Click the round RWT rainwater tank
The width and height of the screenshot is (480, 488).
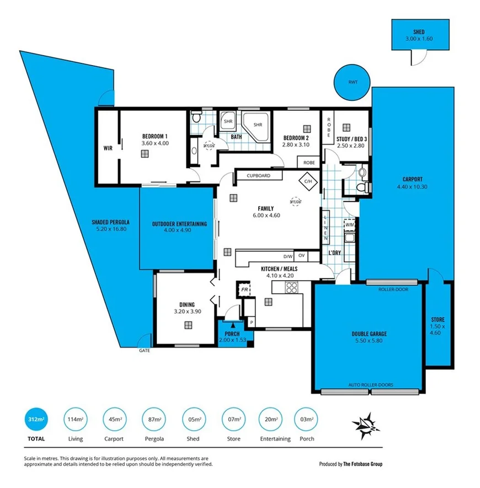click(353, 83)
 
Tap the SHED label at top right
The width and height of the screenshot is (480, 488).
click(418, 33)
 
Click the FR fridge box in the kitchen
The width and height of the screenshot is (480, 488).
click(243, 289)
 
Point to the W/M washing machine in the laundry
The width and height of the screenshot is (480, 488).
click(349, 224)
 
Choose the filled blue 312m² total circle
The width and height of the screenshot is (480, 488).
click(35, 420)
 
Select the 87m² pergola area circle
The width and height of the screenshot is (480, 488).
click(154, 420)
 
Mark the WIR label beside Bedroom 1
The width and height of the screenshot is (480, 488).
click(108, 148)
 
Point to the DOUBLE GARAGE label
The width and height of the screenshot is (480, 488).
click(369, 334)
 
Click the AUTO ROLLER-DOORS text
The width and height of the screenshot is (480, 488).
click(369, 385)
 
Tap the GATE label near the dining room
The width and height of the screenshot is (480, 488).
click(144, 350)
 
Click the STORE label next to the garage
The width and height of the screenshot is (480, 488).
click(438, 320)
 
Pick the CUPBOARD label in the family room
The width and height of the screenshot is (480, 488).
click(259, 176)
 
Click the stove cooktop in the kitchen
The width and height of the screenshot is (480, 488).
click(291, 287)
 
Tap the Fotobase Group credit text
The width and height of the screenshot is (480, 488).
click(350, 464)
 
